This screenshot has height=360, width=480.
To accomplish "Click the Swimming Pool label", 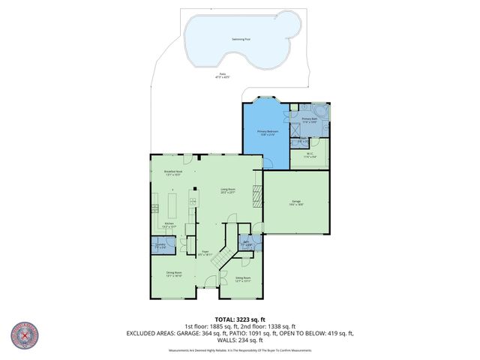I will [241, 38].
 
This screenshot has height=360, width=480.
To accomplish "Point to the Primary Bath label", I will [309, 120].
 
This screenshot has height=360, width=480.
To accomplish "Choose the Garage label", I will [296, 202].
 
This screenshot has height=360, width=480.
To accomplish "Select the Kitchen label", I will [169, 225].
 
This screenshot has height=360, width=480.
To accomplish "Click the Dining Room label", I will [174, 276].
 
